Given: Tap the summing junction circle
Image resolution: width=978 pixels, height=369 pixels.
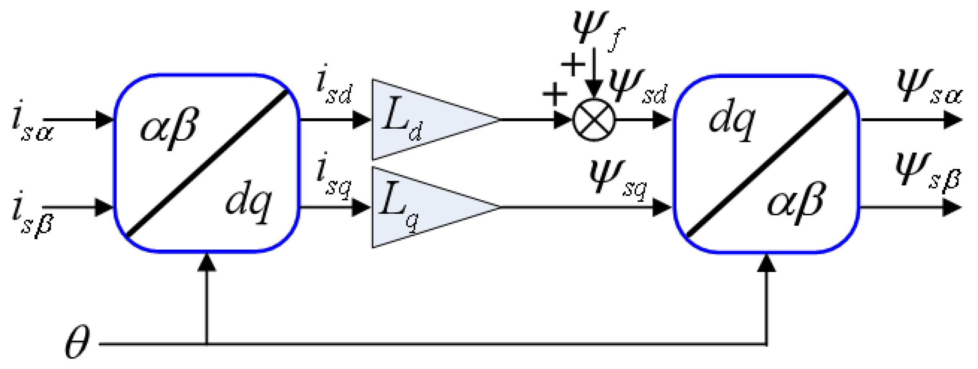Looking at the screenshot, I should (x=594, y=120).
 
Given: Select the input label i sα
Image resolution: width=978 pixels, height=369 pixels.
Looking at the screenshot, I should (x=32, y=122).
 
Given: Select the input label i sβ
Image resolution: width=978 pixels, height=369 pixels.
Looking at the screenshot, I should (x=32, y=214).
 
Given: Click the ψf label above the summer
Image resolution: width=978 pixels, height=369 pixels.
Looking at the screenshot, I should (x=596, y=30).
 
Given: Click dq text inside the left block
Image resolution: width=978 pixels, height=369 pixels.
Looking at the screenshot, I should (x=248, y=202).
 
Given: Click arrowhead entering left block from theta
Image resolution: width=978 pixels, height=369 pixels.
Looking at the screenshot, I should (x=207, y=262).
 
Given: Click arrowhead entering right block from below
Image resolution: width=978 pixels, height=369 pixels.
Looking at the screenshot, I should (x=767, y=263).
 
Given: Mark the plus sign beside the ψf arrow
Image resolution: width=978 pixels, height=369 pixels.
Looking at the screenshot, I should (x=573, y=64).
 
